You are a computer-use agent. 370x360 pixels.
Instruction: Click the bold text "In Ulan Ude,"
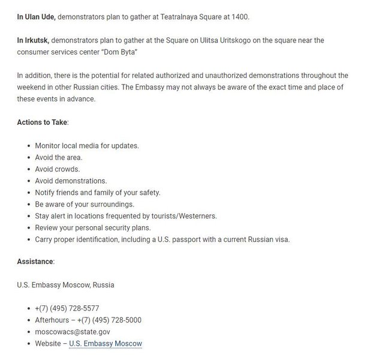pos(36,16)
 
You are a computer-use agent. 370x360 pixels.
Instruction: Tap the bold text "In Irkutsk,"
pos(33,40)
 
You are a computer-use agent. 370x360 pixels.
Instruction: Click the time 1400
pos(238,16)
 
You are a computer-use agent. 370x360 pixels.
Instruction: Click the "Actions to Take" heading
pos(42,122)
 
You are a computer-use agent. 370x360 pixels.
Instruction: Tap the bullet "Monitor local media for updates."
pos(87,146)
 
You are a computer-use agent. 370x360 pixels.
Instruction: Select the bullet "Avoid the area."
pos(59,157)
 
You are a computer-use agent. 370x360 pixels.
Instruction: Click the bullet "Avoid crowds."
pos(58,169)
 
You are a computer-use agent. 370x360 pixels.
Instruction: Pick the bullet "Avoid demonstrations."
pos(71,181)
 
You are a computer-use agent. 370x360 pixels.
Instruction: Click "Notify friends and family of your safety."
pos(98,193)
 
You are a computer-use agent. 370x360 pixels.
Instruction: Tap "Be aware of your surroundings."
pos(85,204)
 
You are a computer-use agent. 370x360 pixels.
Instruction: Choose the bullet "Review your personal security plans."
pos(93,227)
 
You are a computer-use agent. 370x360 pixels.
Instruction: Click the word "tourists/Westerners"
pos(183,216)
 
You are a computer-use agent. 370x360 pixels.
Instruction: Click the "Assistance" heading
pos(35,262)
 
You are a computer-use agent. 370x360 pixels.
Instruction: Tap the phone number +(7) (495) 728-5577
pos(67,308)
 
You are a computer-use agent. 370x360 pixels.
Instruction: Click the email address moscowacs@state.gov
pos(73,332)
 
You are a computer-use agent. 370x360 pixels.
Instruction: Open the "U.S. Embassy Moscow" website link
pos(106,344)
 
